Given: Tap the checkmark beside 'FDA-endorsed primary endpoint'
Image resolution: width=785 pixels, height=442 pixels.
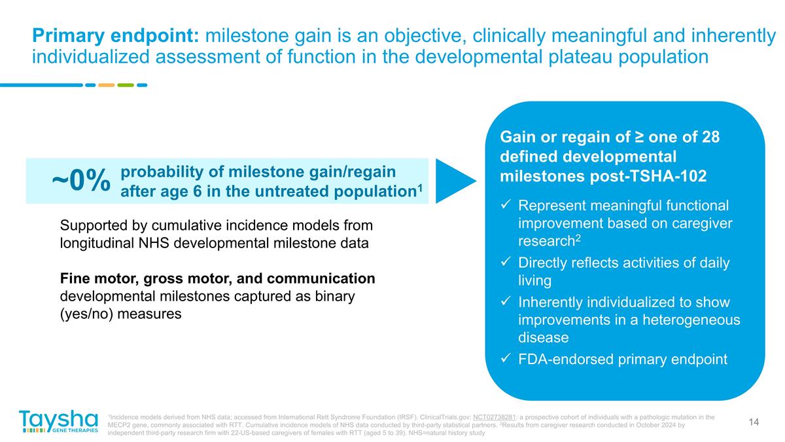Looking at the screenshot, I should click(x=505, y=359).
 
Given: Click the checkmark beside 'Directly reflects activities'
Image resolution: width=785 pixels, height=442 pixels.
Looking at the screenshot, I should click(x=505, y=263).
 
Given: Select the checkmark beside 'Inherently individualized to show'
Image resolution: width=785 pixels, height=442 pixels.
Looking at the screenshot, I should click(x=505, y=303).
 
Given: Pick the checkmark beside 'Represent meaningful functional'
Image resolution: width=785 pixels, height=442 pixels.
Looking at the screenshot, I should click(x=505, y=206).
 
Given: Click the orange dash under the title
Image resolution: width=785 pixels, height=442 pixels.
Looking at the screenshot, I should click(x=106, y=84).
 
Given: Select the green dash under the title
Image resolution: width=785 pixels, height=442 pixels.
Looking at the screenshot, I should click(x=126, y=84).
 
